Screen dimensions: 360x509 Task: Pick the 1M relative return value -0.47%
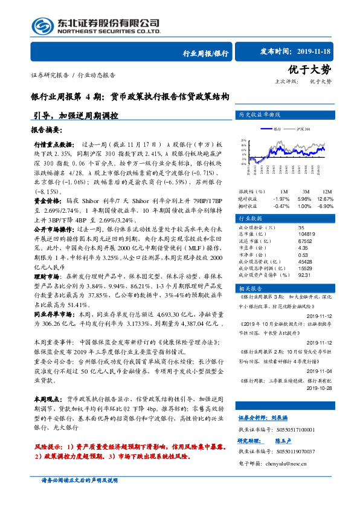(x=281, y=206)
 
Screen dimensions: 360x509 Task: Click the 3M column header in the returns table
(x=304, y=190)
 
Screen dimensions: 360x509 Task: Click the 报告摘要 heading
(x=45, y=130)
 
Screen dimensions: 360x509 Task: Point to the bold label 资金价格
(x=46, y=199)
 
